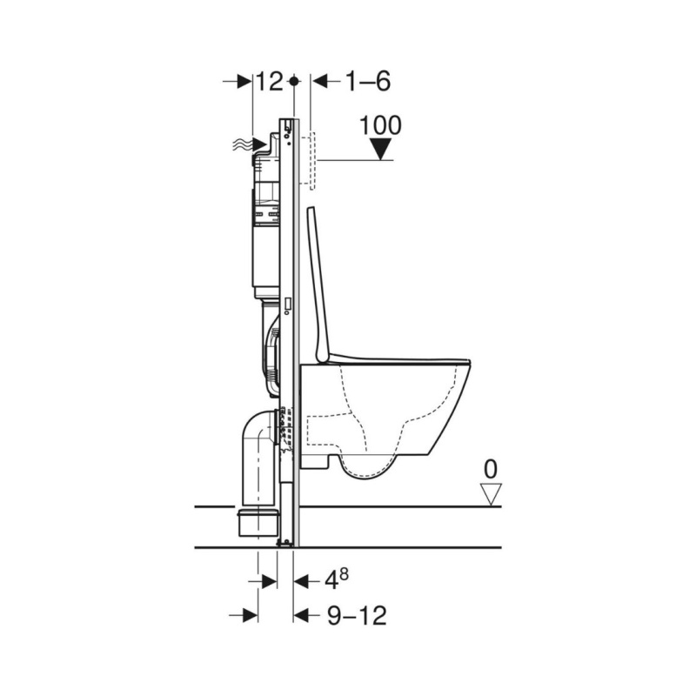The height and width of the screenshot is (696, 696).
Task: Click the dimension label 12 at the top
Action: tap(270, 81)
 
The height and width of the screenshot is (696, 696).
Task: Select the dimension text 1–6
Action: tap(368, 81)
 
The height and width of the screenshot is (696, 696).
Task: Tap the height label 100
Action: tap(380, 125)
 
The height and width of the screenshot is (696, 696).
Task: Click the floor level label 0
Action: tap(490, 470)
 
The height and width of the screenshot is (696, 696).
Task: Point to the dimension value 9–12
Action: tap(358, 616)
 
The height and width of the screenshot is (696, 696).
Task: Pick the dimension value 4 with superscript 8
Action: tap(337, 579)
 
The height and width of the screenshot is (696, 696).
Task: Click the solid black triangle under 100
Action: tap(381, 149)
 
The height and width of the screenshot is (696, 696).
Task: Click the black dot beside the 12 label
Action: tap(293, 82)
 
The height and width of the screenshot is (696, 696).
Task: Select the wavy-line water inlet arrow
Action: tap(250, 144)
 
